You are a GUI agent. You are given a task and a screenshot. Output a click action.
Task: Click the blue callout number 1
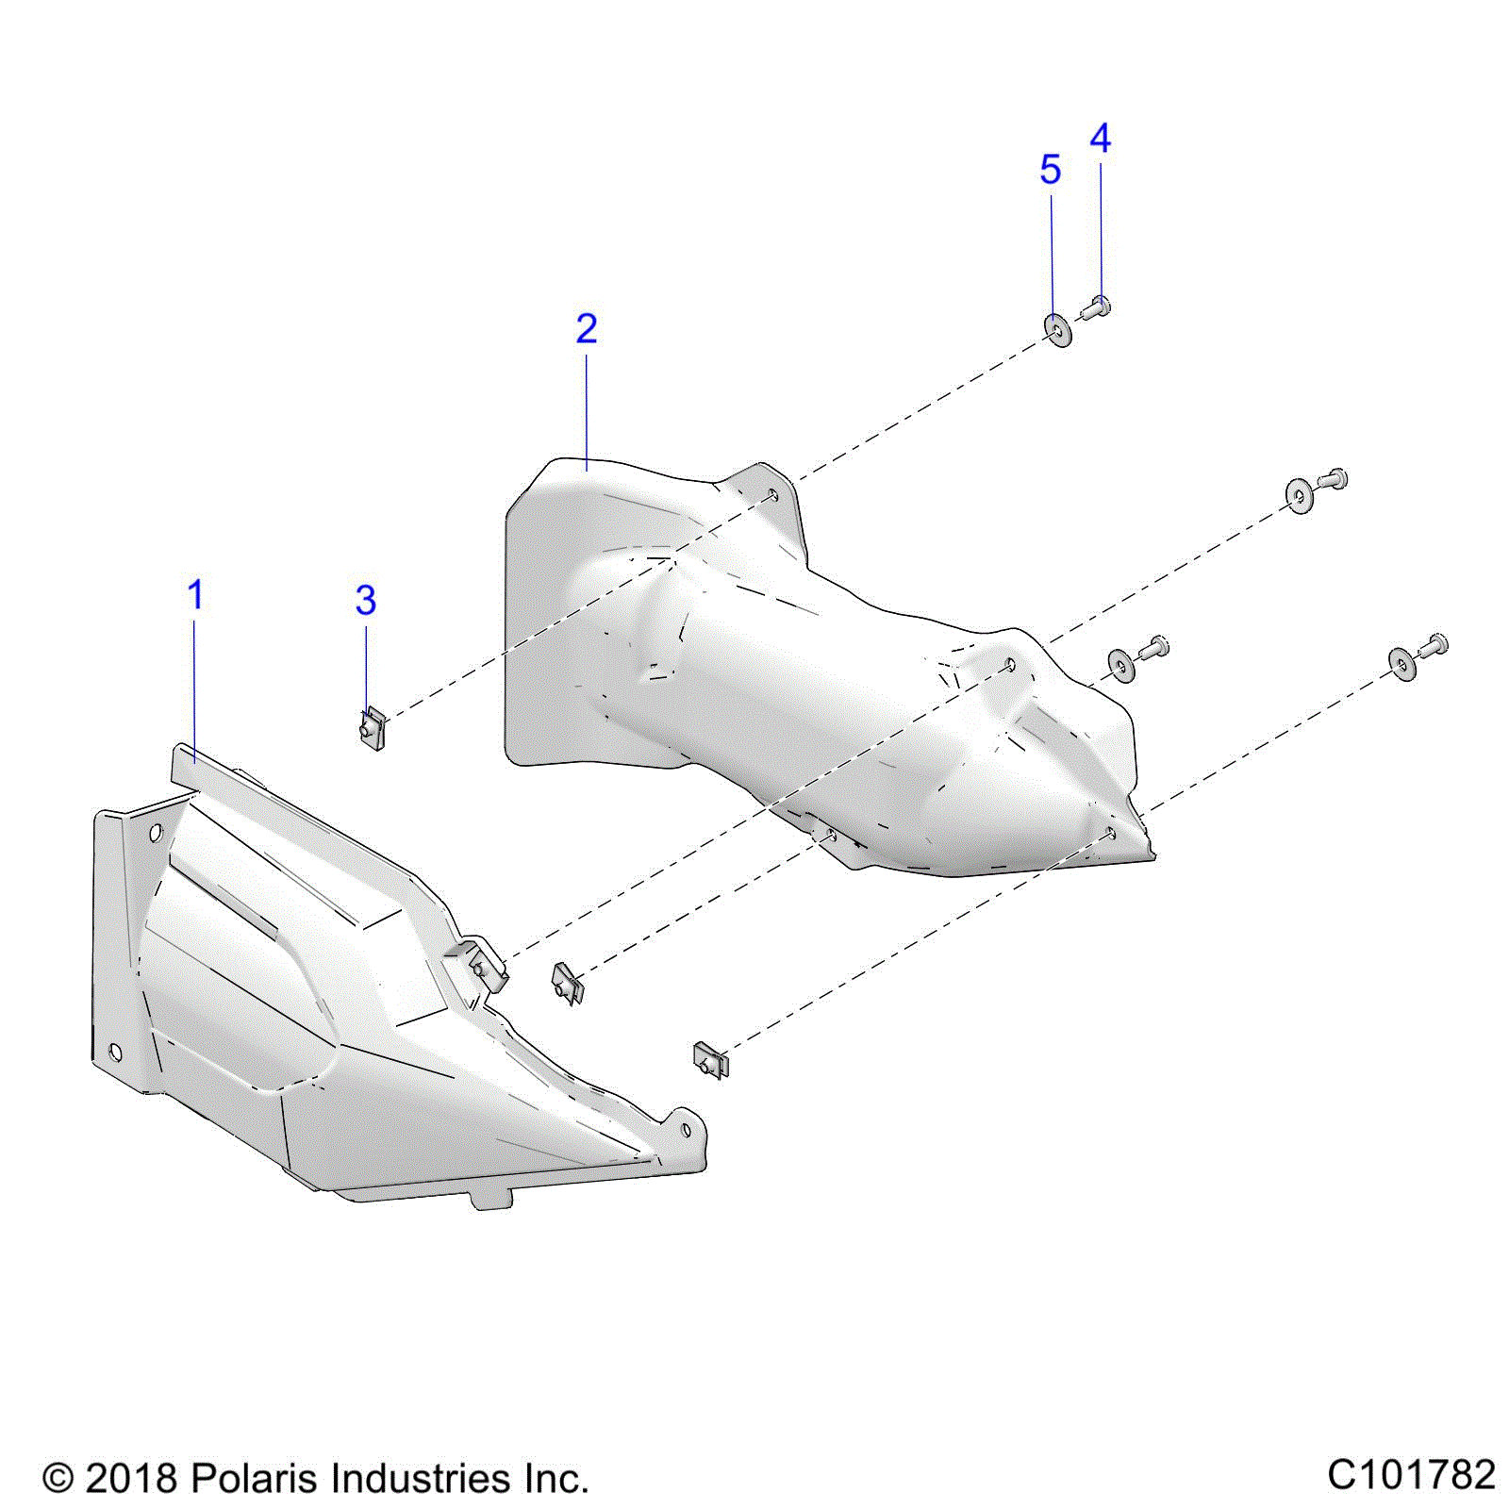pyautogui.click(x=195, y=595)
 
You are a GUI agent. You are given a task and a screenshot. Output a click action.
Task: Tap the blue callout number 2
pyautogui.click(x=586, y=328)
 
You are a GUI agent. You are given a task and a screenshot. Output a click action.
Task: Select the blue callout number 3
pyautogui.click(x=366, y=600)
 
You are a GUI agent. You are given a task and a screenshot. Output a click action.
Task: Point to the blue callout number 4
pyautogui.click(x=1100, y=139)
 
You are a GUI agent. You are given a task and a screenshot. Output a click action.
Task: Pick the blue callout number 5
pyautogui.click(x=1050, y=170)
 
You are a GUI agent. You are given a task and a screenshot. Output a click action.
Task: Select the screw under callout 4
pyautogui.click(x=1097, y=307)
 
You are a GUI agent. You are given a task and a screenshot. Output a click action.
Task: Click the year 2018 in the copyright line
pyautogui.click(x=131, y=1478)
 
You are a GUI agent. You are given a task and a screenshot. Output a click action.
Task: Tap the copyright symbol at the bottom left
pyautogui.click(x=58, y=1478)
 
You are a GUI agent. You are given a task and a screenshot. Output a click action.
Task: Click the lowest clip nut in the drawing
pyautogui.click(x=710, y=1060)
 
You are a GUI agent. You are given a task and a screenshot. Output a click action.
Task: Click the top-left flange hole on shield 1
pyautogui.click(x=157, y=832)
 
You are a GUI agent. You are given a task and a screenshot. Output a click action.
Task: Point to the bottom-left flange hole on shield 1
pyautogui.click(x=116, y=1052)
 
